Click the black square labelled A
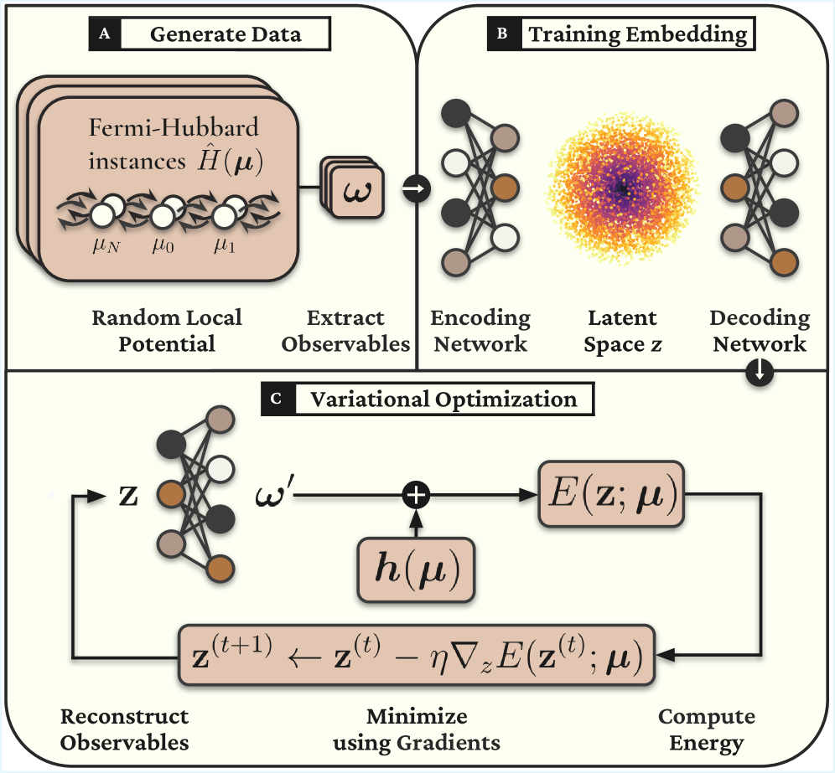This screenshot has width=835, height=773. click(x=104, y=34)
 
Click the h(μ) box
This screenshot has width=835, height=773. click(x=415, y=569)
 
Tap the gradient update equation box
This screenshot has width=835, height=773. click(x=416, y=653)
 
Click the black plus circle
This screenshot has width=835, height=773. click(x=415, y=496)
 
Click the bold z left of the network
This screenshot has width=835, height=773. click(x=129, y=496)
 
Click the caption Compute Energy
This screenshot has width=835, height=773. click(x=706, y=729)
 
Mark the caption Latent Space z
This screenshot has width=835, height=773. click(x=621, y=331)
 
